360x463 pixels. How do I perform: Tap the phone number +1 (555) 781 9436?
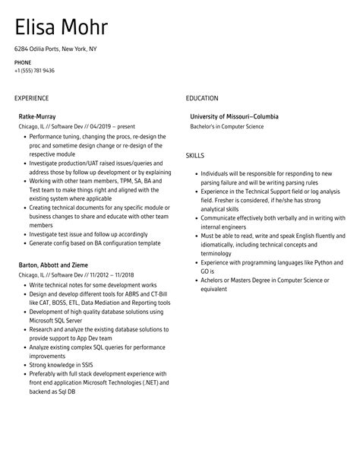[x=34, y=70]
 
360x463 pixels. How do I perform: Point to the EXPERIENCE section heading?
[x=31, y=98]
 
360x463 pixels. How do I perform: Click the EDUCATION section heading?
[x=202, y=98]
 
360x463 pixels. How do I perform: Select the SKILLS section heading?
[x=195, y=155]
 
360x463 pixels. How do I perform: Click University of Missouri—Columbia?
[x=235, y=116]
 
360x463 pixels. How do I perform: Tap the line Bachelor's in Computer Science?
[x=227, y=126]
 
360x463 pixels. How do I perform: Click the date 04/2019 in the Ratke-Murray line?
[x=88, y=126]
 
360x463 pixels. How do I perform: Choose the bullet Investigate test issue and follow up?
[x=88, y=233]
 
